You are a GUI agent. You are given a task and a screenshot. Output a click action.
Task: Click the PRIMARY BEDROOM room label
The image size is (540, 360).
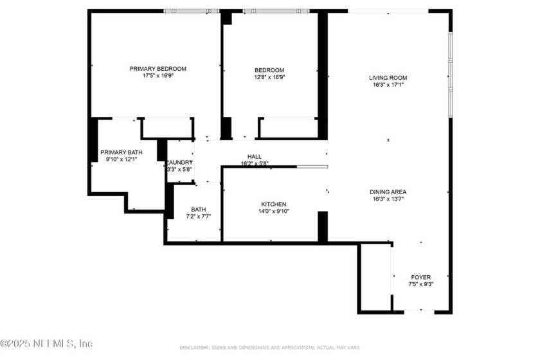point(157,69)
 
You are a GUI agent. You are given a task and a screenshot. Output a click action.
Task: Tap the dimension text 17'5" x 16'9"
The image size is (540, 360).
point(157,76)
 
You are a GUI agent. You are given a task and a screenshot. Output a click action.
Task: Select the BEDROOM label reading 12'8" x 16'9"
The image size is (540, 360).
point(269,70)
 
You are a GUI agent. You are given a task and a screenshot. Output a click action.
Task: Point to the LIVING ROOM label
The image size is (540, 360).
point(388,78)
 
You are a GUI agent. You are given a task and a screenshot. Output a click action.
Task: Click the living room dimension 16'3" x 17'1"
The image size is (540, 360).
point(388,85)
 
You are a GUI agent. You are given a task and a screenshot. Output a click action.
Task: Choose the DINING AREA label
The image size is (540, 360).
point(388,192)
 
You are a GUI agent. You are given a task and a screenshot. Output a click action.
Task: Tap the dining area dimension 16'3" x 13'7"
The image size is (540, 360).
point(388,199)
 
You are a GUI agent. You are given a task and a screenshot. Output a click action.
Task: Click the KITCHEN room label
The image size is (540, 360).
point(273,204)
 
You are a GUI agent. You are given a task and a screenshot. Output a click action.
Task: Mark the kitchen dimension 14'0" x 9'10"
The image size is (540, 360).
point(273,211)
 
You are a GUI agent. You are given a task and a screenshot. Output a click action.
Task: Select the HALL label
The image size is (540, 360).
point(255,156)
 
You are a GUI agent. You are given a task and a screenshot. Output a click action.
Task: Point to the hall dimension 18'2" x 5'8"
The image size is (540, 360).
point(255,163)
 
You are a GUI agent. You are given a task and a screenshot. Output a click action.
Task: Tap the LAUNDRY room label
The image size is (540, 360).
point(179,162)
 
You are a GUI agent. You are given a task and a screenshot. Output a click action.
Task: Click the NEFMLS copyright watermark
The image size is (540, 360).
point(46,343)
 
